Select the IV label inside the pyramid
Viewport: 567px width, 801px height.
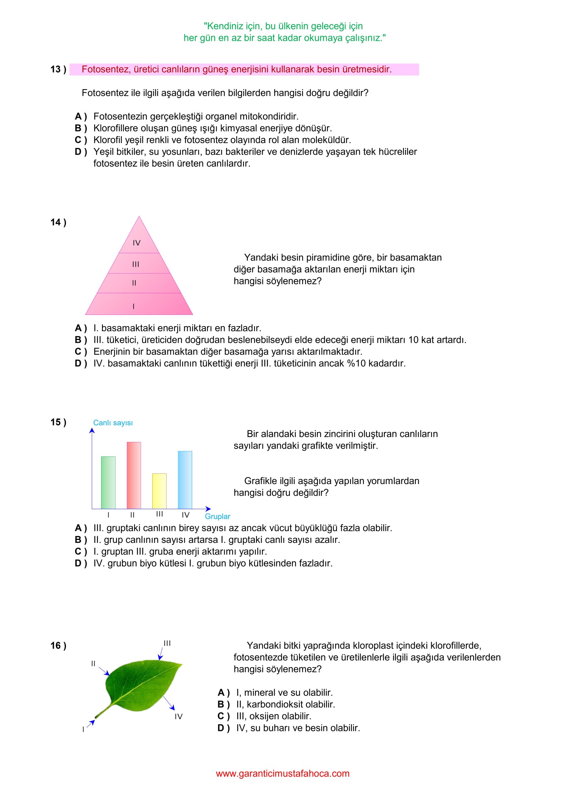coord(136,243)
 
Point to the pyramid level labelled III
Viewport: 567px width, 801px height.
coord(136,264)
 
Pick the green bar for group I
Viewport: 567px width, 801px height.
coord(108,482)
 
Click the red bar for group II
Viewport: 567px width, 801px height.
coord(134,475)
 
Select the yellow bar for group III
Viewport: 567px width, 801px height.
coord(159,491)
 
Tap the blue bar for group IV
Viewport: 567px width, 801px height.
coord(185,479)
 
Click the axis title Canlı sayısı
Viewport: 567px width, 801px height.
coord(113,423)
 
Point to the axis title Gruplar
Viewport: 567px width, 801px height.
coord(217,516)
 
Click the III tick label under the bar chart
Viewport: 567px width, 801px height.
coord(159,514)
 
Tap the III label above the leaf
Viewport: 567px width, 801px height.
coord(167,643)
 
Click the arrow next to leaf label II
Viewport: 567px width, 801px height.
coord(104,671)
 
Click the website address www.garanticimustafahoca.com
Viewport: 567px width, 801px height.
coord(282,773)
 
